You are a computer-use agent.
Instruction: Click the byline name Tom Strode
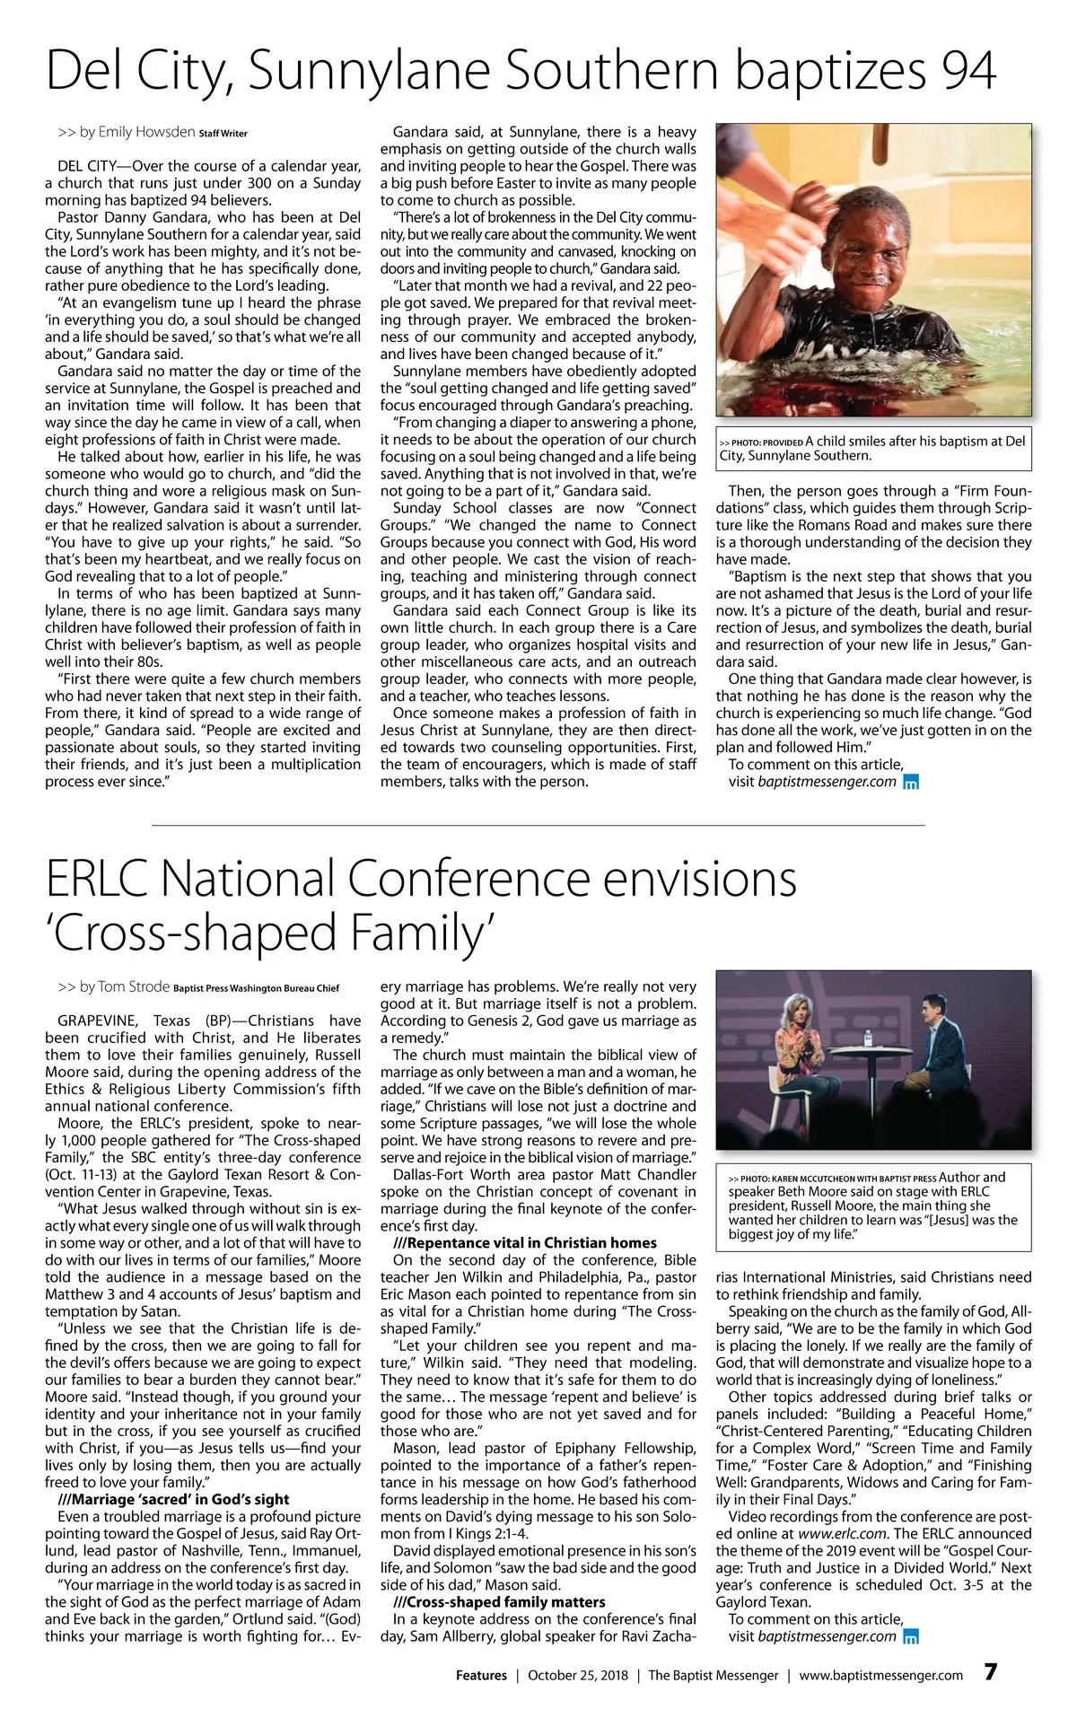(x=134, y=986)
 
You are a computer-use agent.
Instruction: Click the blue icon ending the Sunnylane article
(x=911, y=782)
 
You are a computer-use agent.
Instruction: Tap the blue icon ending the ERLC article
(x=911, y=1636)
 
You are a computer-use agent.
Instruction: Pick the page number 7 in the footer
(x=990, y=1672)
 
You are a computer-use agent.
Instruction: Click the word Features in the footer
(x=481, y=1675)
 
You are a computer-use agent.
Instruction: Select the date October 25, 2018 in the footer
(x=578, y=1675)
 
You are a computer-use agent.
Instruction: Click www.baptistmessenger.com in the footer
(x=880, y=1675)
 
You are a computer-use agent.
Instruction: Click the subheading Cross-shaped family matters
(x=499, y=1602)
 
